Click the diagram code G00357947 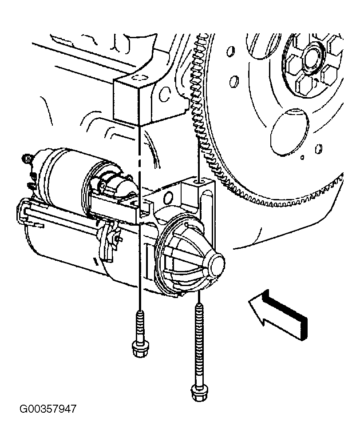[x=48, y=409]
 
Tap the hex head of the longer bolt [x=200, y=393]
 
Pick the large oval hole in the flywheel [x=289, y=132]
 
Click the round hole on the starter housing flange [x=169, y=196]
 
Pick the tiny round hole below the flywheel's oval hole [x=302, y=157]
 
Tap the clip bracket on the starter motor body [x=109, y=239]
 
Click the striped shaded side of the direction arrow [x=285, y=315]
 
